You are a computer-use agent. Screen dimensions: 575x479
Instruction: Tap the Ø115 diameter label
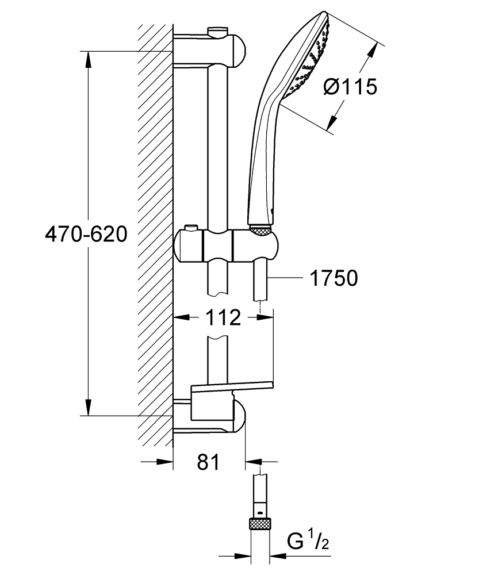click(350, 87)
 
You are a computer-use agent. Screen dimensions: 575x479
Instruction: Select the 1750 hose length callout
click(334, 278)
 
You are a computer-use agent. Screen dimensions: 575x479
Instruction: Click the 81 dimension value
click(208, 462)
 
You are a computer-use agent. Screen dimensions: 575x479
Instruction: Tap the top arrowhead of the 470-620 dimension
click(87, 58)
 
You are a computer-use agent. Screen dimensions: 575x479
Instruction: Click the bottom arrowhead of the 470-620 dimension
click(87, 408)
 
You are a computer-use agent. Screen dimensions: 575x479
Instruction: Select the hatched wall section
click(155, 230)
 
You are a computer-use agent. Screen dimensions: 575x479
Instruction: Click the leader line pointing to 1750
click(285, 278)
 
